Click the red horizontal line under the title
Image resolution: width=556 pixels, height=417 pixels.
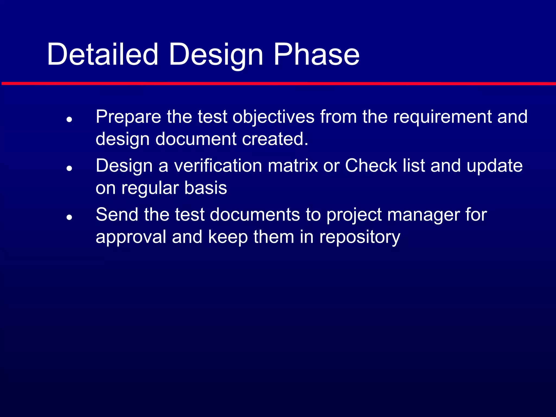278,84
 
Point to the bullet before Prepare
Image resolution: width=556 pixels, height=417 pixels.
69,119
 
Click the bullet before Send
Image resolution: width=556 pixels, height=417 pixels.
69,217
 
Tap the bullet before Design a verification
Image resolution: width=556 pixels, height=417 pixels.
69,168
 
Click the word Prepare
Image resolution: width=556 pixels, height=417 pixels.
128,117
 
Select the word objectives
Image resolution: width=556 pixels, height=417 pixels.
273,117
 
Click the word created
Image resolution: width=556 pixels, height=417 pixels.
275,139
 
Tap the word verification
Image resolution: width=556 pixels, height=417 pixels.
218,166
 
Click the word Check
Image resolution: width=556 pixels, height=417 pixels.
371,166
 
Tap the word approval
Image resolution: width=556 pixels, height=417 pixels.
131,237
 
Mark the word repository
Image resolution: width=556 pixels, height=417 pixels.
359,237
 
